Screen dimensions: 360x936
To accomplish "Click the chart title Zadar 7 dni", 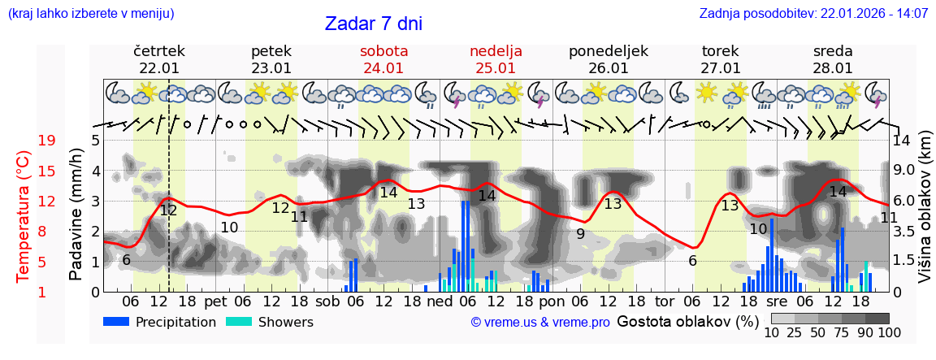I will (x=373, y=24).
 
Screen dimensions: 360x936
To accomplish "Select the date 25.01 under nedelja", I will (x=496, y=68).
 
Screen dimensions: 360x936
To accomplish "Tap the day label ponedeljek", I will (x=608, y=51).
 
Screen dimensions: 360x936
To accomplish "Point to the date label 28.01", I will (x=833, y=68).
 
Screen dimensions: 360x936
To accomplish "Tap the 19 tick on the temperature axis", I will (x=46, y=141).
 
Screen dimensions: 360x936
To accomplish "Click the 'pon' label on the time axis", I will (x=551, y=301).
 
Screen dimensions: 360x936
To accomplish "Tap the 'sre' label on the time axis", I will (x=777, y=301).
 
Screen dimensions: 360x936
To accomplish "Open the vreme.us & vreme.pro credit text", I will (x=539, y=323).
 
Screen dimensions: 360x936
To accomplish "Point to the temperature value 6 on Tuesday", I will (x=692, y=261).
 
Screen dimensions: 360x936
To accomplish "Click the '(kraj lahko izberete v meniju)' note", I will (x=90, y=13).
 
